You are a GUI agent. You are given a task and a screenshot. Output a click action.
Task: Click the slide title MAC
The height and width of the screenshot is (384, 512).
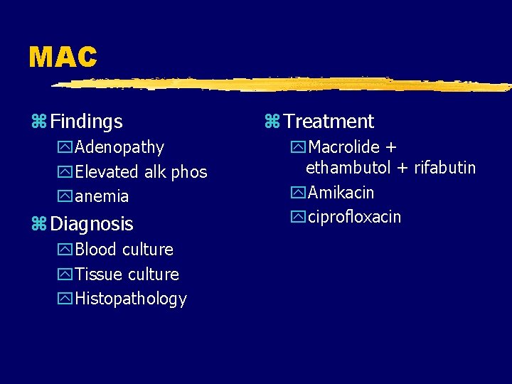(63, 57)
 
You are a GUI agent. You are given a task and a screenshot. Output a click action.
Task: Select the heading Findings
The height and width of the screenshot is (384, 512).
(86, 122)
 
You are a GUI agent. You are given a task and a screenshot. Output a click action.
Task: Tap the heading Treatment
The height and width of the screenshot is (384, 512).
(329, 122)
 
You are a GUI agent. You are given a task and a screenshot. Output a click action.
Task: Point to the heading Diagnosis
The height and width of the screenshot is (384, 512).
(92, 224)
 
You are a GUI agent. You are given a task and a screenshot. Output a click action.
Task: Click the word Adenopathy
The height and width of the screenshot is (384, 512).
(119, 148)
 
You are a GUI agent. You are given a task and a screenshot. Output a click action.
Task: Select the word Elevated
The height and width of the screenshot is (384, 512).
(107, 172)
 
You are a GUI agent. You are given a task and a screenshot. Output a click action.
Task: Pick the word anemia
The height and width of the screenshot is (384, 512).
(102, 196)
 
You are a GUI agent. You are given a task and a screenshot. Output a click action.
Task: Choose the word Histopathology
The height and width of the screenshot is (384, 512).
(131, 299)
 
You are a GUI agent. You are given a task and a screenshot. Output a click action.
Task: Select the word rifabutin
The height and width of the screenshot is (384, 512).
(445, 169)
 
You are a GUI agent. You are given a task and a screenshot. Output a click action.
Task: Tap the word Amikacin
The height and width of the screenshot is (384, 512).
(341, 193)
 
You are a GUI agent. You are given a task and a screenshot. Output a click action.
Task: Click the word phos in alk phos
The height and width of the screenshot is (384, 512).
(189, 172)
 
